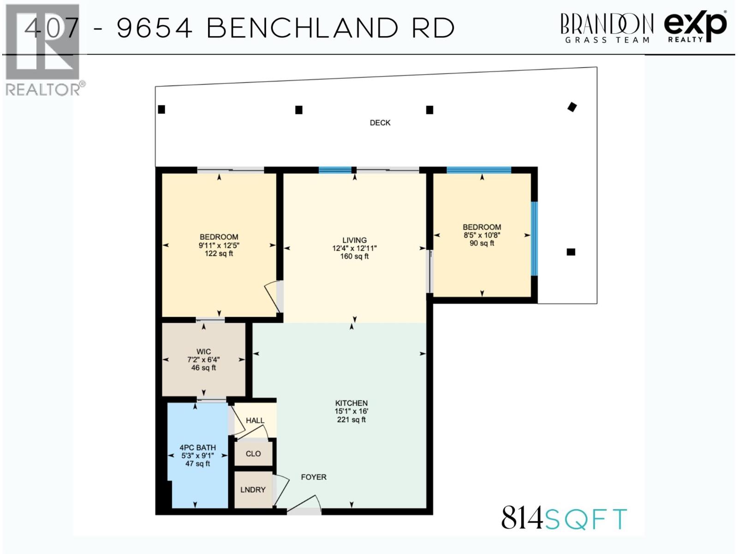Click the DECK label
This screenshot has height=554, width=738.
380,123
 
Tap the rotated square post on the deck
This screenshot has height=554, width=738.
572,107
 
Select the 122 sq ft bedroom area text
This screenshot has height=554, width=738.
219,253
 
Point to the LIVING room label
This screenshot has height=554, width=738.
354,240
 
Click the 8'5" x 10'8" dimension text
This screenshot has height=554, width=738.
482,235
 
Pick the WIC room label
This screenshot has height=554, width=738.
203,351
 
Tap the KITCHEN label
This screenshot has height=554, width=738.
351,403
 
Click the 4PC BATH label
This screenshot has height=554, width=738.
197,447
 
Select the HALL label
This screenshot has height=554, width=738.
255,421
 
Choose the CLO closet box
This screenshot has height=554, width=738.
253,454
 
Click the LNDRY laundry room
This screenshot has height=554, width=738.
253,490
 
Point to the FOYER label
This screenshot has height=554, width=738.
314,477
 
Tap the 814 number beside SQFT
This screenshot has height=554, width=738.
522,518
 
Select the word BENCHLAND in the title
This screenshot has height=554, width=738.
302,28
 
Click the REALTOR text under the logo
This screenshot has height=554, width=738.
42,90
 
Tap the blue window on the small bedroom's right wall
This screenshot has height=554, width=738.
534,239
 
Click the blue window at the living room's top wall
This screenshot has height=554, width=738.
335,170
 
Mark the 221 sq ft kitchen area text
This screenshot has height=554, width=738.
351,420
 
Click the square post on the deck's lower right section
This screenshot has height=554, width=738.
571,252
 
